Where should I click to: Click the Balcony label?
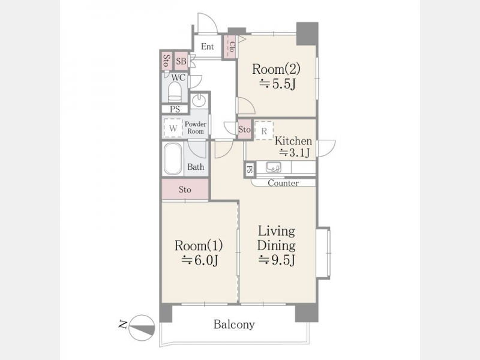coord(234,324)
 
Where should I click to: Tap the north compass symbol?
coord(142,328)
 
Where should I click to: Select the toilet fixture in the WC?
coord(175,92)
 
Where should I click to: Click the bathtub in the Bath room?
coord(173,159)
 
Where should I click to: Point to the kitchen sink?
coord(273,167)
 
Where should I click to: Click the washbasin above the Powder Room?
coord(199,100)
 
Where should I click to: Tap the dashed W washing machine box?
coord(173,128)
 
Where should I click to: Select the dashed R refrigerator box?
coord(264,131)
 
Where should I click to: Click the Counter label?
coord(283,183)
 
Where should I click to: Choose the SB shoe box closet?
coord(181,61)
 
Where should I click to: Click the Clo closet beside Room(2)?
coord(231,47)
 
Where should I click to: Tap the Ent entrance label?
coord(207,47)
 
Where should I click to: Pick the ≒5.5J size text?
coord(277,83)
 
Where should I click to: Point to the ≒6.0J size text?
coord(200,260)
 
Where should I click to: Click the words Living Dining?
coord(277,238)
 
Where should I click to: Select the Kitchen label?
coord(293,141)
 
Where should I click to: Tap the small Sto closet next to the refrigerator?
coord(245,130)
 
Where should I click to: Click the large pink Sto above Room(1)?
coord(185,190)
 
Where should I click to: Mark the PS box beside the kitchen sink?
coord(250,169)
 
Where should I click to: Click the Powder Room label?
coord(196,128)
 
